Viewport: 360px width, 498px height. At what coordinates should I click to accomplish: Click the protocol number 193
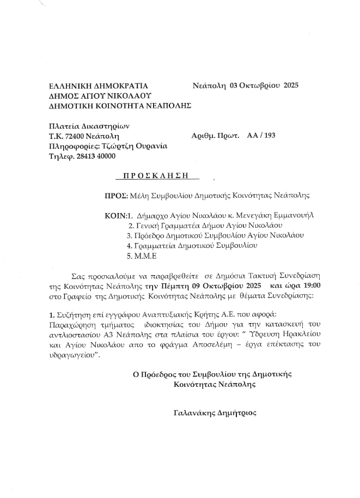pyautogui.click(x=269, y=136)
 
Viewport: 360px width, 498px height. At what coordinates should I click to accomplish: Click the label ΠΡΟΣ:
pyautogui.click(x=115, y=195)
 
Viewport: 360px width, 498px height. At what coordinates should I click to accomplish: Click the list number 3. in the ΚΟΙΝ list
pyautogui.click(x=129, y=235)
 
